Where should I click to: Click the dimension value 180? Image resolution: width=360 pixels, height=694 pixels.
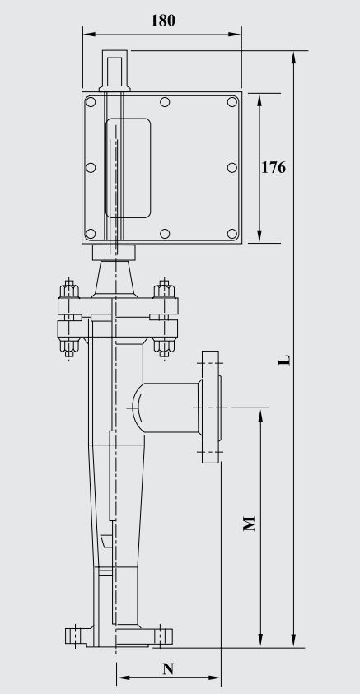coord(162,20)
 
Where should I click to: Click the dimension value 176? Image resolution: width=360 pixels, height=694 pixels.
coord(273,167)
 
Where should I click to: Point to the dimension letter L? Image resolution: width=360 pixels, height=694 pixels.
coord(283,360)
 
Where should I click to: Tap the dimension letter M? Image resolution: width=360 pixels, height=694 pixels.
coord(250,524)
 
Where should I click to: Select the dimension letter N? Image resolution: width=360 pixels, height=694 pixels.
coord(168,668)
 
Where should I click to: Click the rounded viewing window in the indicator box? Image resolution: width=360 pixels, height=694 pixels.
coord(129,167)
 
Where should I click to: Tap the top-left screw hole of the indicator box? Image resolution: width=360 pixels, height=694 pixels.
coord(91,103)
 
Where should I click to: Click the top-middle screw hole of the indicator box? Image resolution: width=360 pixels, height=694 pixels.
coord(165,103)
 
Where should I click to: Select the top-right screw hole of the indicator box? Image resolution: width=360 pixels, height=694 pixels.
coord(231,103)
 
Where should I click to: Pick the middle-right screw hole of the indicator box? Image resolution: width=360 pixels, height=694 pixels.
coord(231,168)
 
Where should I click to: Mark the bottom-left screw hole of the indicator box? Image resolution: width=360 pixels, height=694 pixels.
coord(91,233)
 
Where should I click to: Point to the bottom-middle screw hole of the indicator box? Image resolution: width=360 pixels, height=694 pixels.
coord(165,233)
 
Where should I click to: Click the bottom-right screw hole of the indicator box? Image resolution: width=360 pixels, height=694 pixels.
coord(231,233)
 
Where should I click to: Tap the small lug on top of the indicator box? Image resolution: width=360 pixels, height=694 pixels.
coord(114,70)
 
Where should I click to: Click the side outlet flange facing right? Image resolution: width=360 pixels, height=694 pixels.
coord(211,406)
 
